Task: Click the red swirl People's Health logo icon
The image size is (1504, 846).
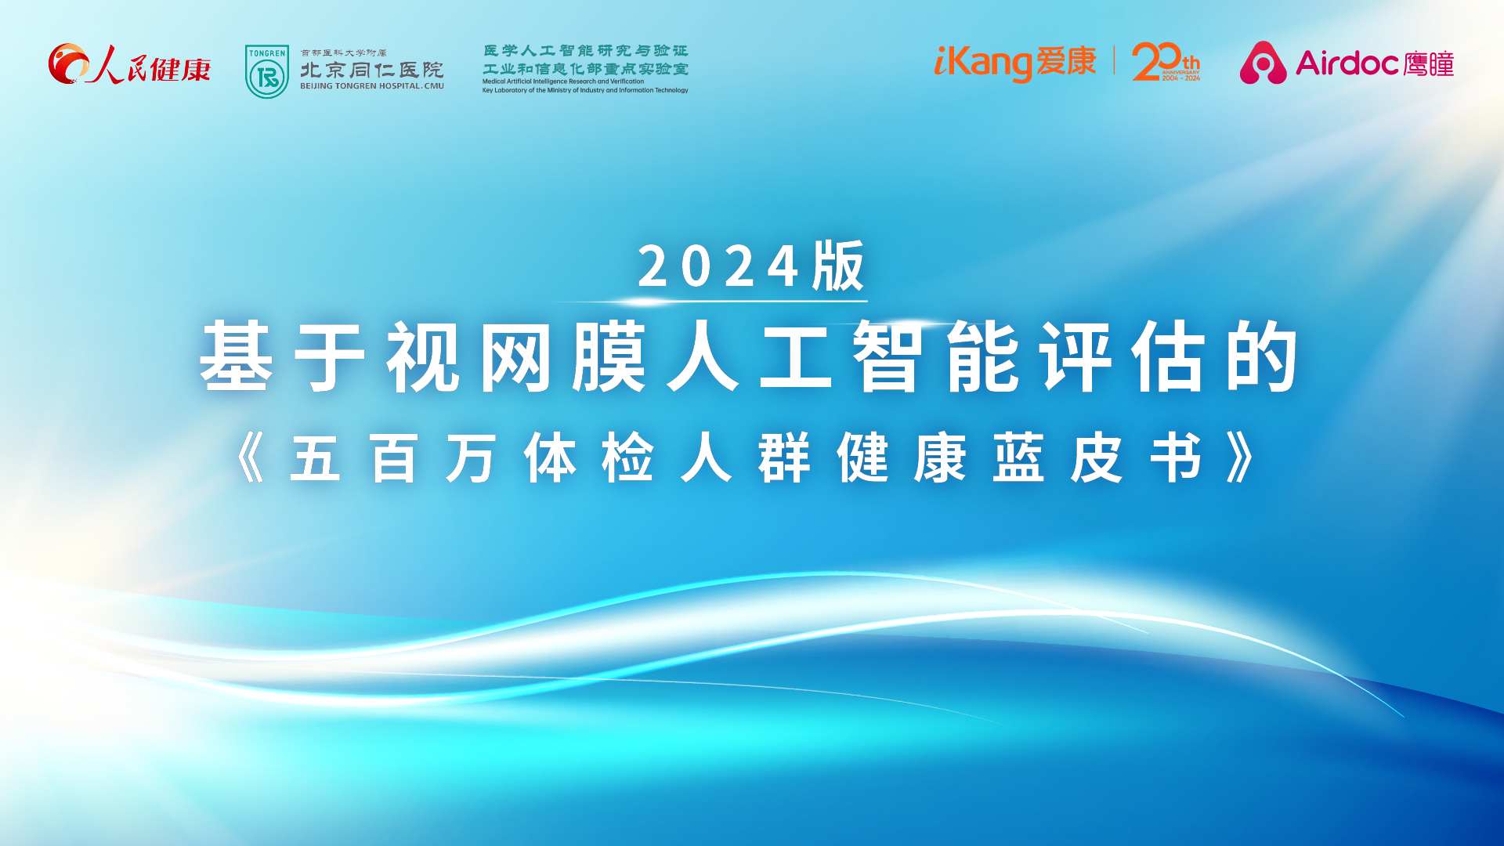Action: click(68, 63)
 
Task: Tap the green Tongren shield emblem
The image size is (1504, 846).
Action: click(267, 71)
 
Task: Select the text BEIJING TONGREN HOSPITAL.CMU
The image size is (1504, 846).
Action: click(371, 86)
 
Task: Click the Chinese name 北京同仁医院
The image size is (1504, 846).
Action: click(371, 70)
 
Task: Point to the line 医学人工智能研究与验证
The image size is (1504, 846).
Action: click(585, 51)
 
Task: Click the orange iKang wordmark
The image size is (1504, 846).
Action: click(982, 63)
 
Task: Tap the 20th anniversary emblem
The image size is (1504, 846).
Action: click(1165, 62)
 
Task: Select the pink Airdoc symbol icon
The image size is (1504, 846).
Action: click(1262, 63)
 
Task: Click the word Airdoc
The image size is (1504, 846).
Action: click(1347, 63)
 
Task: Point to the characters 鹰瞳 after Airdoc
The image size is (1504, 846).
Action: click(1429, 63)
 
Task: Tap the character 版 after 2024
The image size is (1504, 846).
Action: click(838, 266)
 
